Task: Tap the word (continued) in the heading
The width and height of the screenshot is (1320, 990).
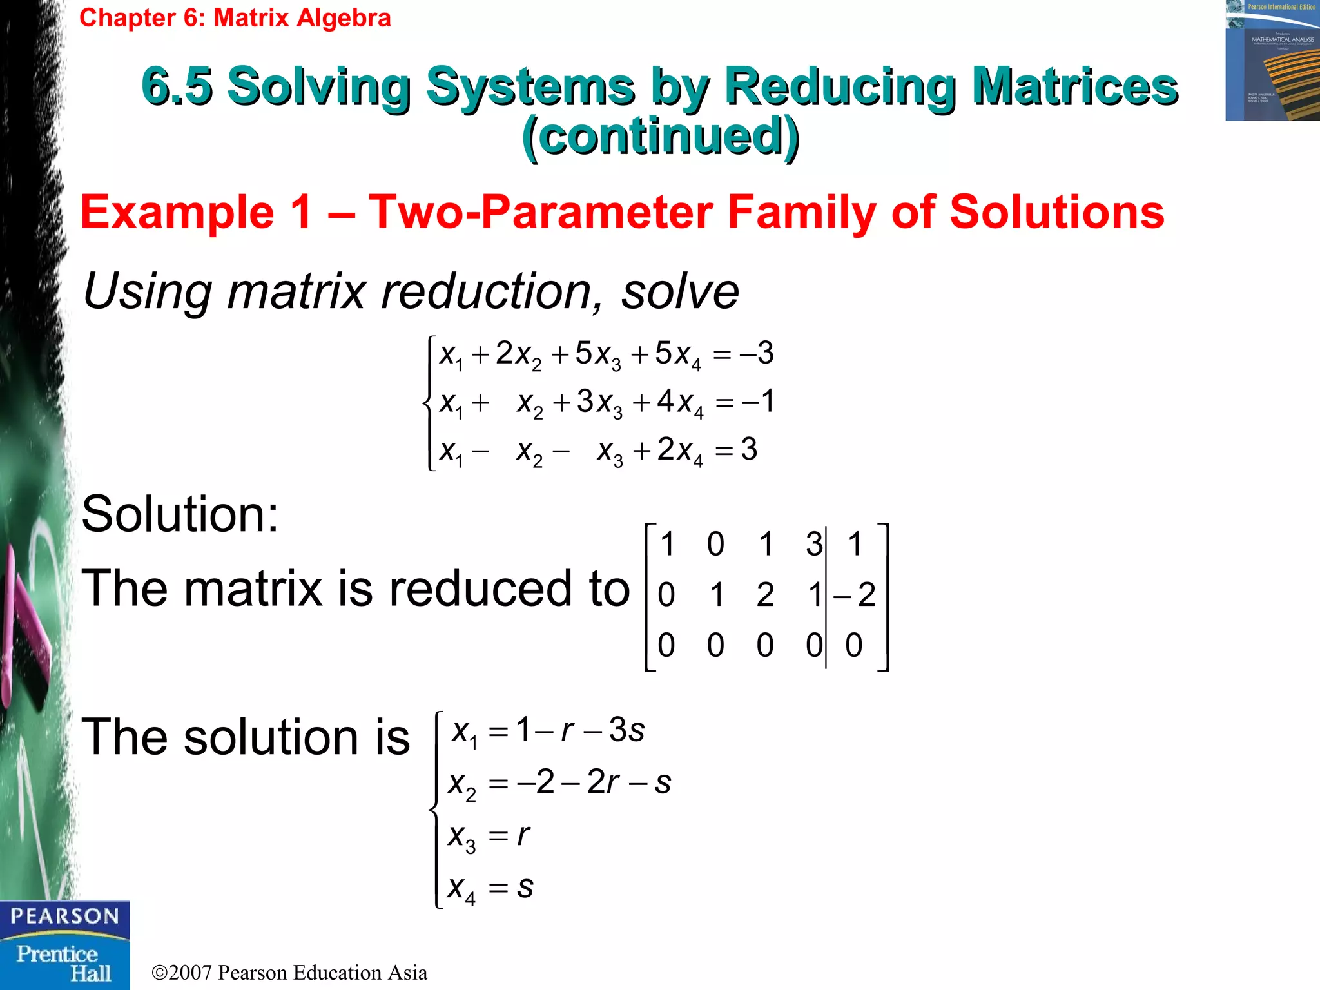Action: coord(661,136)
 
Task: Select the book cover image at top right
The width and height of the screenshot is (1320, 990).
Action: coord(1272,61)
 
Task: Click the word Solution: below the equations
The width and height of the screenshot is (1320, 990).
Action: coord(180,514)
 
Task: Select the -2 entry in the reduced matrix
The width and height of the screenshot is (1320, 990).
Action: coord(855,594)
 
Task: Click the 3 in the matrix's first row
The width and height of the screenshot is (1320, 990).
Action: coord(814,544)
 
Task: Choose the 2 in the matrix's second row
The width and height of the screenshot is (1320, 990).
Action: coord(765,594)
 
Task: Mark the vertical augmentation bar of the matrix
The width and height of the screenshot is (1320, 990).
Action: coord(826,596)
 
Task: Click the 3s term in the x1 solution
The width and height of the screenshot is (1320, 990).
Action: coord(626,730)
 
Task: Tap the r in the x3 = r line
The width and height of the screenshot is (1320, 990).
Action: coord(523,835)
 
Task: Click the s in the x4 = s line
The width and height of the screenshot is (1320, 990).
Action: coord(525,887)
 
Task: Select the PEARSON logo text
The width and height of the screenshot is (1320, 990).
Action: coord(64,917)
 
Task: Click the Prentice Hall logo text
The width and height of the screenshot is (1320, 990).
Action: coord(63,963)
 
